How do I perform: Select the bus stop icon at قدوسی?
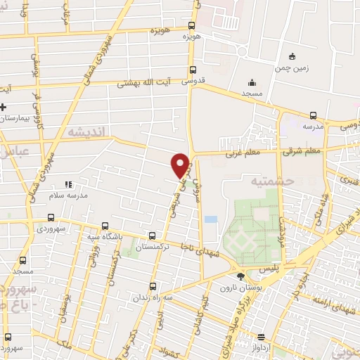[x=193, y=70]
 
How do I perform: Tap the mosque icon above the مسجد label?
[x=252, y=82]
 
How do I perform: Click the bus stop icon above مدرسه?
[x=312, y=115]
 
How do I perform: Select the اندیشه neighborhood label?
[x=86, y=131]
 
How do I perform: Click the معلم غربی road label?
[x=243, y=151]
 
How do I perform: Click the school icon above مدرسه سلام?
[x=68, y=184]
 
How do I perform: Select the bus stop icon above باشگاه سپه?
[x=105, y=227]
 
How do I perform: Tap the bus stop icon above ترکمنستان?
[x=153, y=236]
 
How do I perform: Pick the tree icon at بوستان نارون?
[x=242, y=277]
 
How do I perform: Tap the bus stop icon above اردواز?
[x=260, y=337]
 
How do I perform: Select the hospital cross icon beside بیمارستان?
[x=4, y=107]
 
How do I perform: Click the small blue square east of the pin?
[x=211, y=219]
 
